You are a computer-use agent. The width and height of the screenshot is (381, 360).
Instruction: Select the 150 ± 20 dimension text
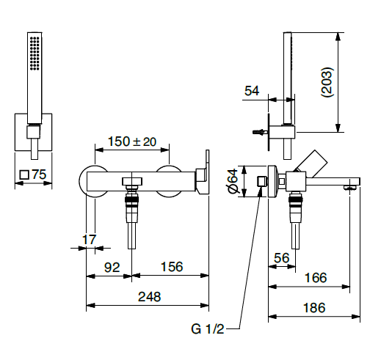(x=133, y=142)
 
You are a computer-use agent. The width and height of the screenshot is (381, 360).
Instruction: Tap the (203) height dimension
(x=328, y=83)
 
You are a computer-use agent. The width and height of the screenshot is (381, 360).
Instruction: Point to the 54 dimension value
(x=252, y=90)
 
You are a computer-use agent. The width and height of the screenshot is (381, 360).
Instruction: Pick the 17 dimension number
(x=89, y=238)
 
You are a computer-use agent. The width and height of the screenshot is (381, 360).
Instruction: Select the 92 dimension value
(x=111, y=268)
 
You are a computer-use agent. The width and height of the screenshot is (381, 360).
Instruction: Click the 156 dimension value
(x=171, y=268)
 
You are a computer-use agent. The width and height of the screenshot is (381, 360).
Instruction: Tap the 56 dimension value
(x=282, y=257)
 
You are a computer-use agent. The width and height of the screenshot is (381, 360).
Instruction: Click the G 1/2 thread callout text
(x=207, y=330)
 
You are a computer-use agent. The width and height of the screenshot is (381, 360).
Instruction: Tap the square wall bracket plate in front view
(x=34, y=132)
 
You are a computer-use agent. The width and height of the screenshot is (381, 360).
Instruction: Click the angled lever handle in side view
(x=313, y=164)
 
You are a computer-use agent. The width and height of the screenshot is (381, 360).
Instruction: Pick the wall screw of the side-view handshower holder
(x=258, y=133)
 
